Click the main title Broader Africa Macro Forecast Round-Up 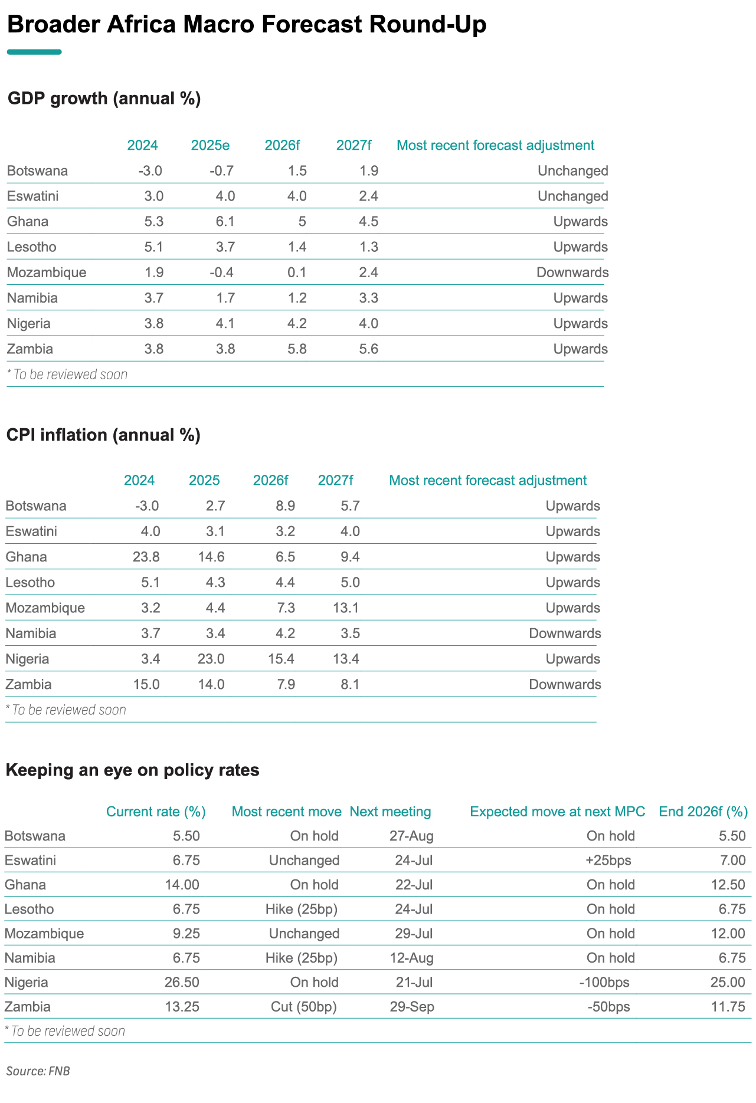[x=247, y=25]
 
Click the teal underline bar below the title [x=34, y=52]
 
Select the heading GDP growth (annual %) [x=104, y=99]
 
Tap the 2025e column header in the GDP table [x=211, y=145]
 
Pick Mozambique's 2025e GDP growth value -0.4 [x=222, y=273]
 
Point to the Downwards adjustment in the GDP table [x=572, y=273]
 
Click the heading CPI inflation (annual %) [x=103, y=435]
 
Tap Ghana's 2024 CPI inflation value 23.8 [x=146, y=557]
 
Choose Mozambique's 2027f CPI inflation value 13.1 [x=346, y=608]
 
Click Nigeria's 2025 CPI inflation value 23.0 [x=211, y=659]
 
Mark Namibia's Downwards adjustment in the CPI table [x=565, y=633]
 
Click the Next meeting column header [x=390, y=812]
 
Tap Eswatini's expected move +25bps [x=608, y=861]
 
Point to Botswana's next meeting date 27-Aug [x=411, y=836]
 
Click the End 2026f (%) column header [x=703, y=812]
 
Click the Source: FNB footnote [x=38, y=1071]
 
